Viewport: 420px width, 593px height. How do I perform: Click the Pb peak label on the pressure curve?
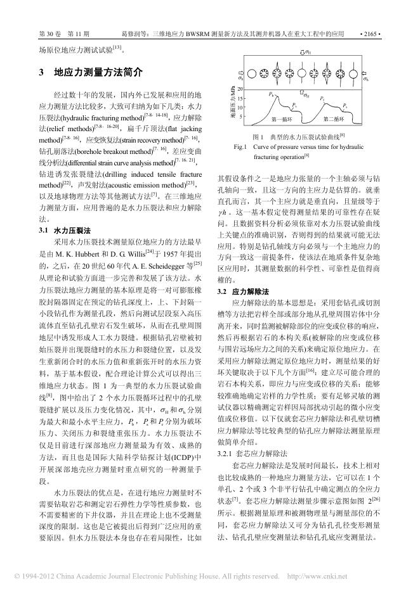(x=272, y=94)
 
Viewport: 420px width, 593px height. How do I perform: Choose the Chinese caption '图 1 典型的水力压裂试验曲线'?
(x=298, y=136)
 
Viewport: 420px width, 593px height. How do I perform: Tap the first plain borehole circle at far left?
(x=249, y=72)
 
